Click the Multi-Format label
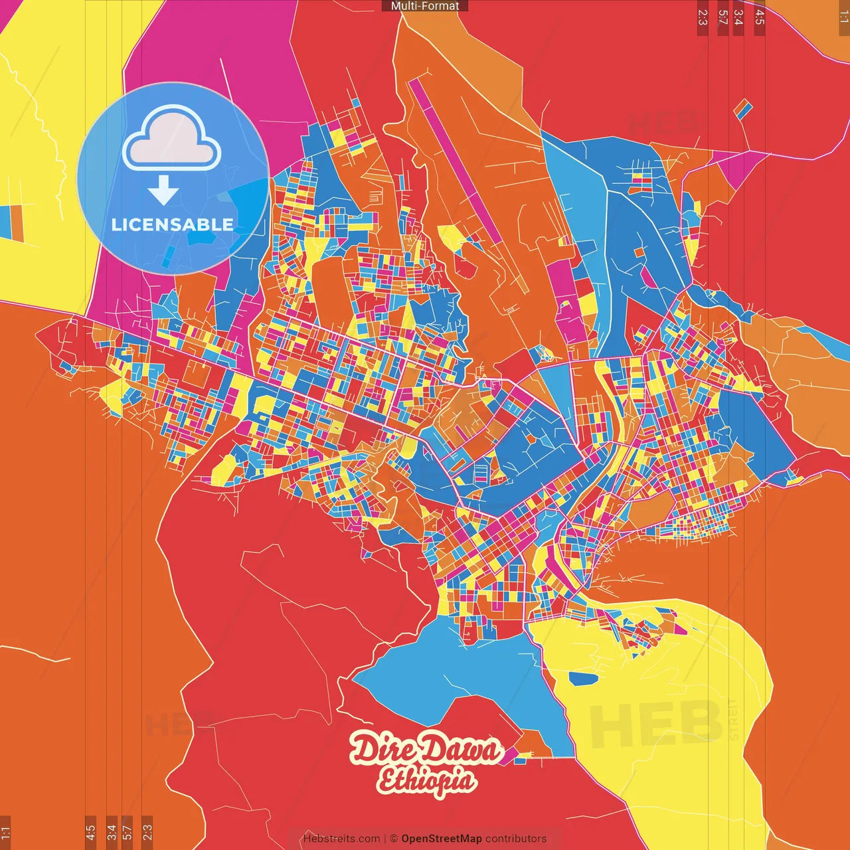click(x=425, y=6)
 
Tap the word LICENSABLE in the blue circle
click(x=172, y=224)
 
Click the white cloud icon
click(x=172, y=140)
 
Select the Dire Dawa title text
click(x=425, y=750)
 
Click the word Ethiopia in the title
click(x=426, y=780)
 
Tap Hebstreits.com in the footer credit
click(x=341, y=839)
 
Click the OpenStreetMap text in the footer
click(x=442, y=839)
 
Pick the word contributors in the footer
click(x=516, y=839)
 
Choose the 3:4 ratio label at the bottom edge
click(x=112, y=832)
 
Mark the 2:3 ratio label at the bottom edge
click(x=147, y=832)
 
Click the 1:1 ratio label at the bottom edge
click(x=5, y=832)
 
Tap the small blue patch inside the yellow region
click(x=583, y=678)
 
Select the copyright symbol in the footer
click(x=394, y=839)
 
